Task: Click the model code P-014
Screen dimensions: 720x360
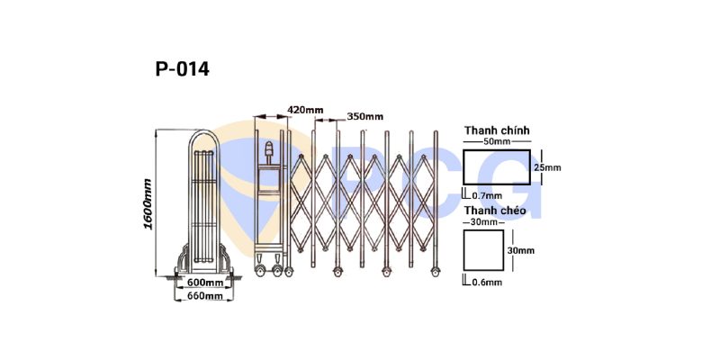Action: pos(183,69)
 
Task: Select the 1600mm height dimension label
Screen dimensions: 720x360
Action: pos(148,204)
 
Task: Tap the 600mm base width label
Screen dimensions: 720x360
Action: pos(205,282)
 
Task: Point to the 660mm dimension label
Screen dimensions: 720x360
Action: pos(205,296)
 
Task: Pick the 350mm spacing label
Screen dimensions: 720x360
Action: pos(365,116)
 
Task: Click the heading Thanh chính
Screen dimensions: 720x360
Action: pos(497,130)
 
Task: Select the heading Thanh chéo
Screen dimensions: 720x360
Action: pos(495,211)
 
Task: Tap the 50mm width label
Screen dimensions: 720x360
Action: pos(497,141)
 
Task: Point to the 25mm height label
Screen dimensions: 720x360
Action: pos(548,167)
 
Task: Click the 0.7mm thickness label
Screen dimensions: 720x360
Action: pos(487,196)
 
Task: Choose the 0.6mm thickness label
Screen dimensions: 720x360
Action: pos(487,282)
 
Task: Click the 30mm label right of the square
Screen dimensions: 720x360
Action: pos(521,251)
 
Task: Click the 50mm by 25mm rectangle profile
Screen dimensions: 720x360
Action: pos(497,150)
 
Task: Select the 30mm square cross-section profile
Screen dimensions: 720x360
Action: pos(483,230)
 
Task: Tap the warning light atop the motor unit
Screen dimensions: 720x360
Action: pos(269,148)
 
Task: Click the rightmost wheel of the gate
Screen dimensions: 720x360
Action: pos(435,272)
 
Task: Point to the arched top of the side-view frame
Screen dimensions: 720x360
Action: pos(204,132)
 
